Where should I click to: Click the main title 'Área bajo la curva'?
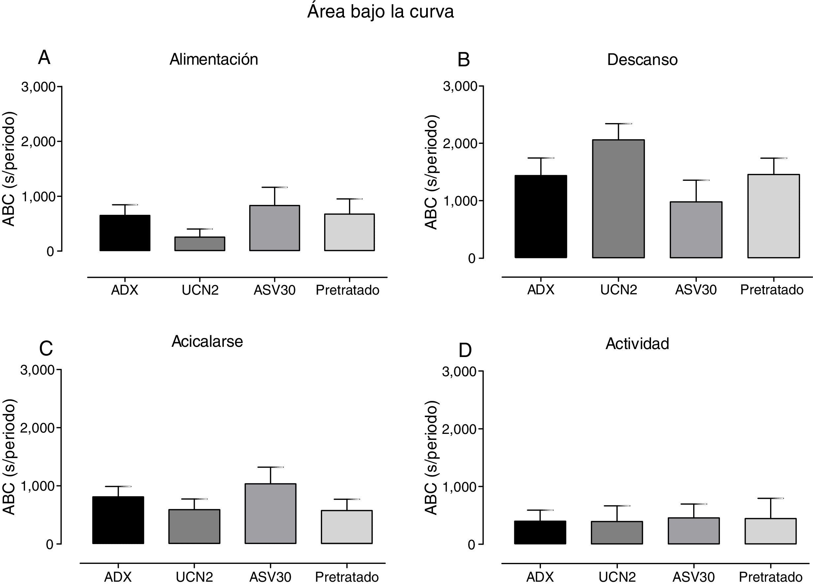380,12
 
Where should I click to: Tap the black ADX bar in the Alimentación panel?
125,233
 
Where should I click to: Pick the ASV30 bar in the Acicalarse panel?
270,513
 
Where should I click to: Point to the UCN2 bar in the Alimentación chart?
200,244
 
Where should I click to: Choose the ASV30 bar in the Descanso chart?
696,230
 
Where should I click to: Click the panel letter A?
44,58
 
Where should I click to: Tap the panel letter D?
465,350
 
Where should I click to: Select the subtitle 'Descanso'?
642,59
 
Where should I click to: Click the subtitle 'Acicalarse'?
207,341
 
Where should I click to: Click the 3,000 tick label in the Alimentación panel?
38,87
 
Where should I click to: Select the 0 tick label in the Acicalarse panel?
50,544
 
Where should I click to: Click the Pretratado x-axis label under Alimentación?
347,290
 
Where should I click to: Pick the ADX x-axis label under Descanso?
541,289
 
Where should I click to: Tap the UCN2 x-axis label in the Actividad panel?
617,577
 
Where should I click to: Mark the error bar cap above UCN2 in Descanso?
618,124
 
